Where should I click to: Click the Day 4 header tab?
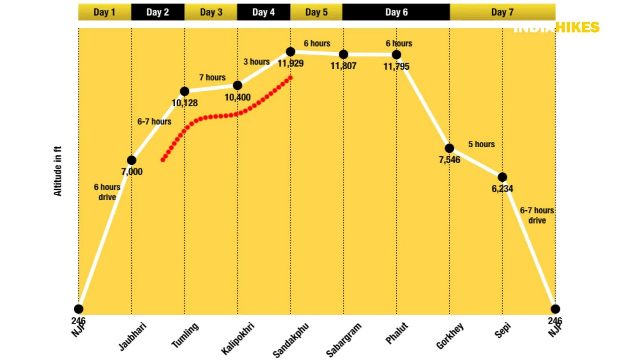point(263,12)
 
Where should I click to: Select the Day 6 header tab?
point(396,12)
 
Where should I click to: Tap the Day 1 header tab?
point(104,12)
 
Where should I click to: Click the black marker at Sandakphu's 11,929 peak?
point(290,52)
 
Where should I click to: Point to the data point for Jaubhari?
point(131,160)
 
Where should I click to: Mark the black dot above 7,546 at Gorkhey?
point(449,148)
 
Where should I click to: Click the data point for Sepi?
point(502,177)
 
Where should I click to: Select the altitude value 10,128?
point(184,103)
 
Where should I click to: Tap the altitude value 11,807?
point(343,66)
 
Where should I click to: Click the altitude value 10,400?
point(237,97)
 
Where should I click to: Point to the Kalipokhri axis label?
point(237,338)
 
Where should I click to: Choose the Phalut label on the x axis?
point(397,333)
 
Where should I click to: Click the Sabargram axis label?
point(343,340)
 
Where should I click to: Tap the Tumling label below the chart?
point(185,335)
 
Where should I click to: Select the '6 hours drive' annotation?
point(107,192)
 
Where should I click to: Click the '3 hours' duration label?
point(256,62)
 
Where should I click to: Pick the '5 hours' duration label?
point(481,144)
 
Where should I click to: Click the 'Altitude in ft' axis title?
point(58,171)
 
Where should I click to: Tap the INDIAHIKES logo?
point(556,27)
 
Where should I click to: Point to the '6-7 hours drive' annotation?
point(537,215)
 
